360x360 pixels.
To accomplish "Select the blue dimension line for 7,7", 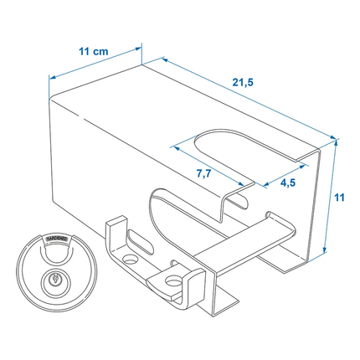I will [213, 165].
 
